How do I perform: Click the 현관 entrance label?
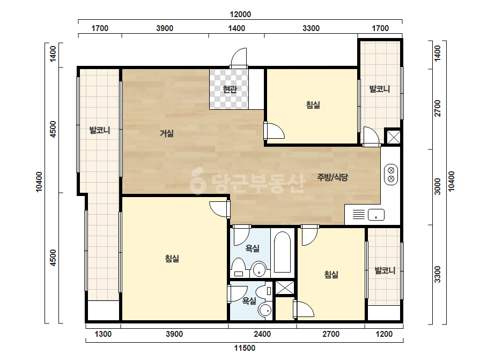tap(230, 89)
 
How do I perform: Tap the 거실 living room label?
tap(167, 133)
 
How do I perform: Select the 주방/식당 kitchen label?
tap(333, 177)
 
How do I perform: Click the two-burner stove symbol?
tap(391, 175)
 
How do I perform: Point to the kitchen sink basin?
tap(376, 215)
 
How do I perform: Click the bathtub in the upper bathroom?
tap(282, 252)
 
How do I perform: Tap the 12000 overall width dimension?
tap(240, 14)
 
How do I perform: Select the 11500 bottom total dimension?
tap(245, 348)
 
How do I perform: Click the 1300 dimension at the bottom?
tap(103, 334)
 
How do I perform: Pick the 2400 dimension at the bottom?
tap(262, 334)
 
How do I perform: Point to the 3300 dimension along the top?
tap(311, 28)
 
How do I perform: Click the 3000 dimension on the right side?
tap(437, 186)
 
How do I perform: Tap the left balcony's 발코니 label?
tap(100, 130)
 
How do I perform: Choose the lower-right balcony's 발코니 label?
tap(385, 270)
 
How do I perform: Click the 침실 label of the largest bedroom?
tap(172, 259)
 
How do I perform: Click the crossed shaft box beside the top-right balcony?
tap(393, 137)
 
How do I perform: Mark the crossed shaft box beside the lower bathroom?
tap(285, 288)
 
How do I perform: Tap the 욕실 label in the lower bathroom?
tap(249, 301)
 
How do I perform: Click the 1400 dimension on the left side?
tap(53, 54)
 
